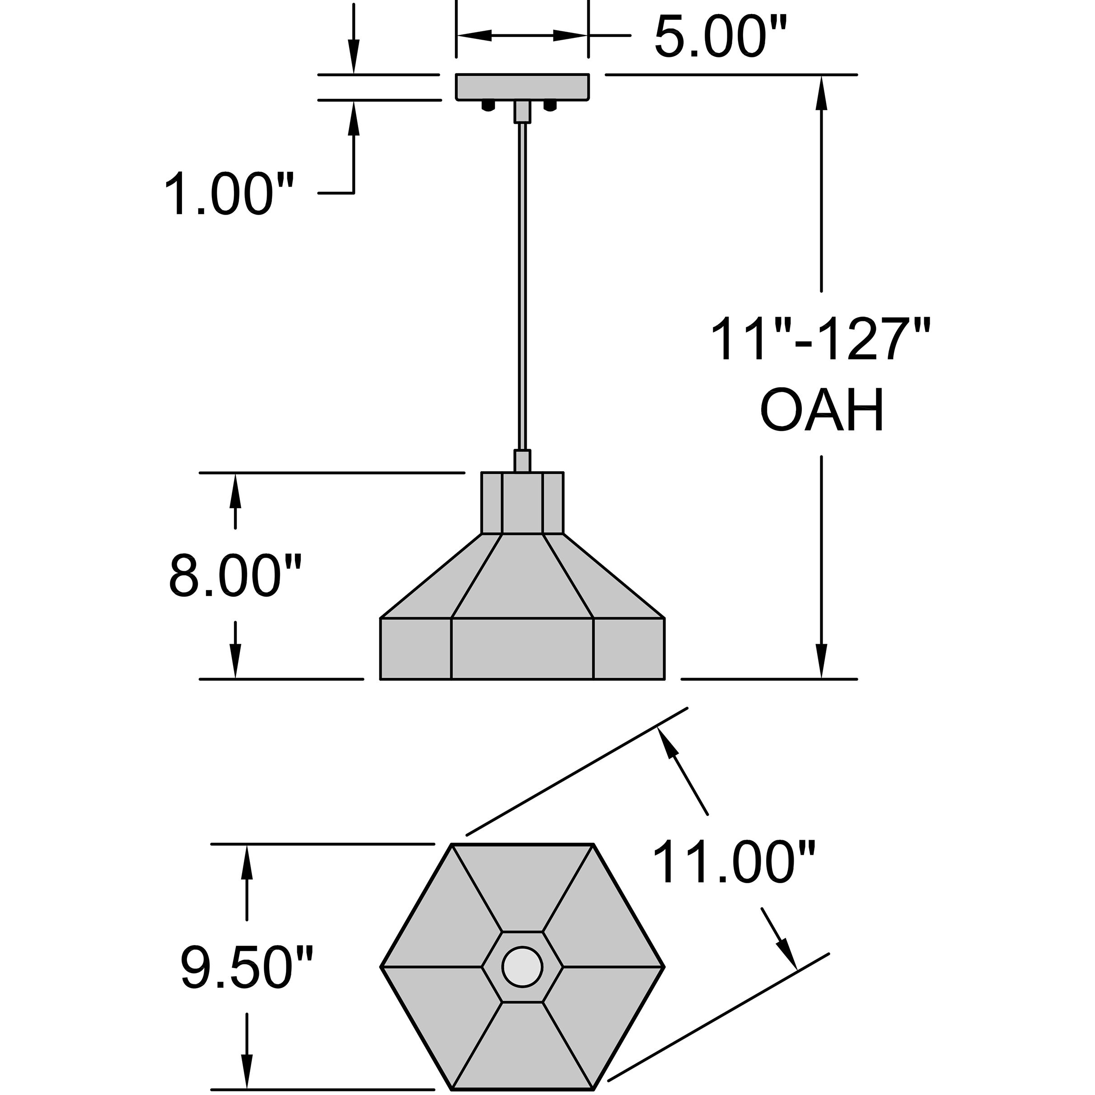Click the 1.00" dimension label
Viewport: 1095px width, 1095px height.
pos(229,194)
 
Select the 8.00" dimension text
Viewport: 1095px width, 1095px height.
pos(234,576)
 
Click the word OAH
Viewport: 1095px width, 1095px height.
pos(821,410)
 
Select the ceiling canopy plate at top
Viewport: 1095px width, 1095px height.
pos(522,87)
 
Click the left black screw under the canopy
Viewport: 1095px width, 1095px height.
pos(487,105)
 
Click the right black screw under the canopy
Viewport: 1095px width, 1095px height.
pos(549,105)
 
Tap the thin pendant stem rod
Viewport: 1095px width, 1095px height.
pos(523,283)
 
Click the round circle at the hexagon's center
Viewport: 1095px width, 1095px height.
pos(522,966)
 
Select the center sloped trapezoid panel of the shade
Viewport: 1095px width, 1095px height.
pos(522,578)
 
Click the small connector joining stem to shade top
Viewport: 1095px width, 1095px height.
pos(522,461)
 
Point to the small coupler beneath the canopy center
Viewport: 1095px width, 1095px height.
pos(522,112)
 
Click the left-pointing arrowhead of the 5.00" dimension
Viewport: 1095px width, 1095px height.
pos(473,36)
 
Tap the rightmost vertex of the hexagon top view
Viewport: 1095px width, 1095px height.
pos(664,966)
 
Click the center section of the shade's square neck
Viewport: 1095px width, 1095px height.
pos(522,503)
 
